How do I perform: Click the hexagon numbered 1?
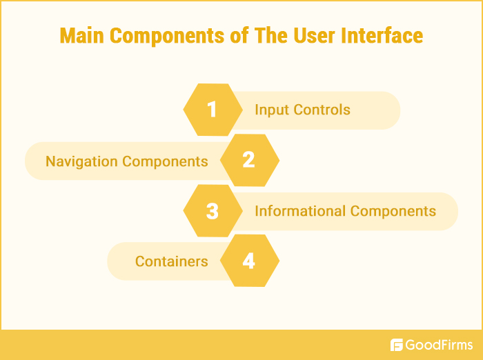pyautogui.click(x=213, y=110)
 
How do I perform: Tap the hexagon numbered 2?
pyautogui.click(x=249, y=161)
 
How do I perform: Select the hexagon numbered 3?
pyautogui.click(x=213, y=211)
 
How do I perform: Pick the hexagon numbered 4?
pyautogui.click(x=249, y=261)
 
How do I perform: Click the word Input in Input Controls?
pyautogui.click(x=270, y=110)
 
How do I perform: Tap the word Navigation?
pyautogui.click(x=82, y=161)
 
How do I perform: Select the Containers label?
pyautogui.click(x=172, y=261)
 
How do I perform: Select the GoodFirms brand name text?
pyautogui.click(x=440, y=345)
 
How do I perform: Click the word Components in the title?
pyautogui.click(x=170, y=36)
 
